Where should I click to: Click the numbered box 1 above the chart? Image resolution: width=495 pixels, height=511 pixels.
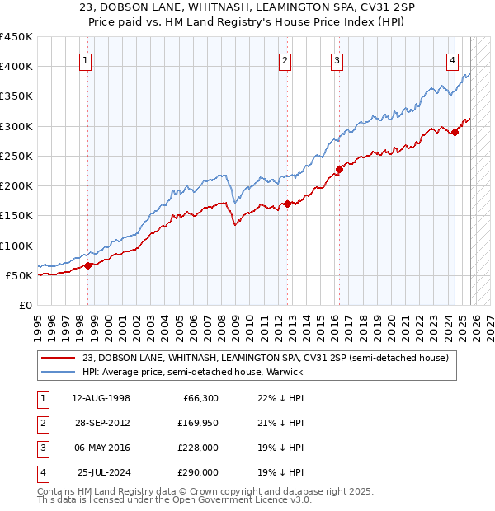(87, 59)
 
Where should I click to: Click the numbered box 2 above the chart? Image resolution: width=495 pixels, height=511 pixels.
(285, 59)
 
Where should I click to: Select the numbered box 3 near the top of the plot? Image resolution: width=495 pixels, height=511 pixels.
(337, 59)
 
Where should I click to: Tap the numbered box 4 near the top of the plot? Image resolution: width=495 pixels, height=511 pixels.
(453, 59)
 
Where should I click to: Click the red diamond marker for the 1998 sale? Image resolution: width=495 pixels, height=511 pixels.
(88, 265)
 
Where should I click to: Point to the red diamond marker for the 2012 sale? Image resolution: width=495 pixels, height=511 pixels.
(286, 204)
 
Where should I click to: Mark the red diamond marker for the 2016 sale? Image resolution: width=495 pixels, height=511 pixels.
(338, 169)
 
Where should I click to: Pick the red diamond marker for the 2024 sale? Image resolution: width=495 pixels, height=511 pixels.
(455, 132)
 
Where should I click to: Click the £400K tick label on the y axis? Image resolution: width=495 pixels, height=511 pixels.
(16, 67)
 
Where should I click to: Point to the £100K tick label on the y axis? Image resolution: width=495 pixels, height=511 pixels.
(16, 246)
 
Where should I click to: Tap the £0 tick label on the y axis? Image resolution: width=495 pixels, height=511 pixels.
(25, 305)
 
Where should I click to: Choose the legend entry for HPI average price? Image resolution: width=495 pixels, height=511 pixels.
(193, 372)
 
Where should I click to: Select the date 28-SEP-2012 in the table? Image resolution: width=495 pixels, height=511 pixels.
(101, 424)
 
